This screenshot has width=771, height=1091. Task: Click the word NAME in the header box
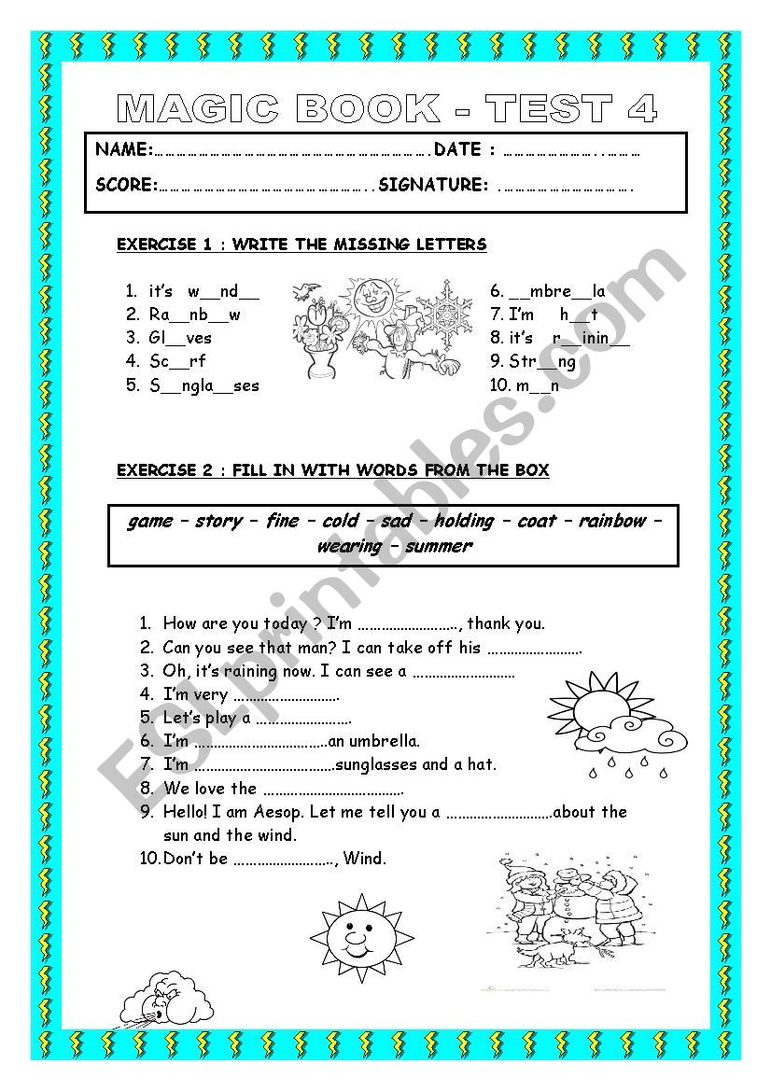pyautogui.click(x=122, y=149)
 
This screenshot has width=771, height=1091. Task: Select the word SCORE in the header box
pyautogui.click(x=125, y=185)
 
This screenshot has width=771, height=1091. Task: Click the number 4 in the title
pyautogui.click(x=641, y=110)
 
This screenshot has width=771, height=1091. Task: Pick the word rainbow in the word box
pyautogui.click(x=611, y=521)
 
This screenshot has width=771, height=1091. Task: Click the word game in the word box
pyautogui.click(x=150, y=521)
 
